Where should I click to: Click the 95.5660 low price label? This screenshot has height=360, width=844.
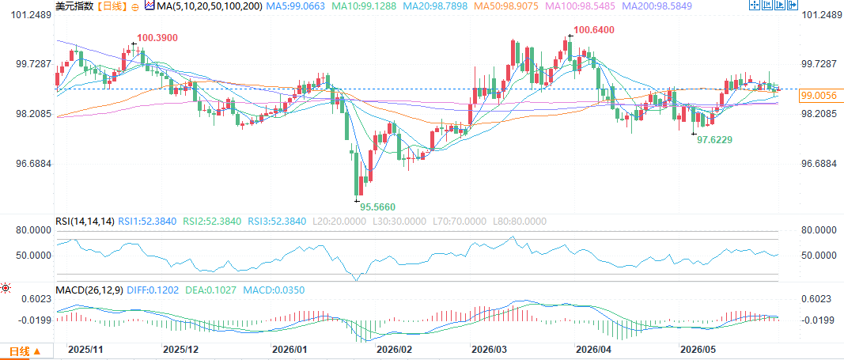(380, 207)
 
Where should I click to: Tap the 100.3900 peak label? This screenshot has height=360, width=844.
(157, 38)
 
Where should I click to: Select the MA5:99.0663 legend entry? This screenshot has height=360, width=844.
(297, 6)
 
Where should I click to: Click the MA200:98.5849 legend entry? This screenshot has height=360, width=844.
(658, 6)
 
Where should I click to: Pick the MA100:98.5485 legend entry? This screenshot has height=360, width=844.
(564, 6)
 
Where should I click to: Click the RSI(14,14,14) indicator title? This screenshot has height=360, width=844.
(85, 222)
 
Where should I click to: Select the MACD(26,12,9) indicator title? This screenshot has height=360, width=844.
(90, 290)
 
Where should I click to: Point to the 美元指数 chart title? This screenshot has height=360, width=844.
(74, 6)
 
